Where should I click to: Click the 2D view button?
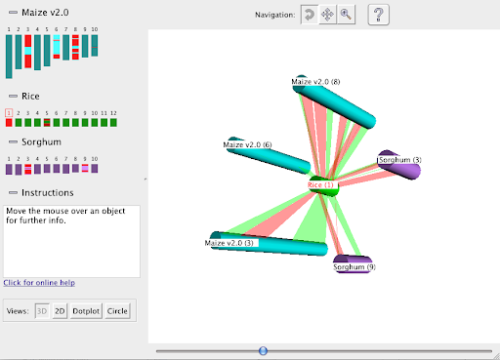tap(60, 311)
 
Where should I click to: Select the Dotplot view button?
tap(86, 311)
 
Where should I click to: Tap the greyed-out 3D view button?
tap(42, 311)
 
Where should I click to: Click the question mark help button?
tap(380, 15)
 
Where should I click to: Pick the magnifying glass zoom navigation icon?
tap(346, 15)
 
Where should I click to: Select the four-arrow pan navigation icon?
tap(328, 15)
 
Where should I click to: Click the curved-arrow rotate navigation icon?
tap(310, 15)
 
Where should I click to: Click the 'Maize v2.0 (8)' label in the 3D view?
tap(315, 81)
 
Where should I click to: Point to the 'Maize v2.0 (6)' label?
tap(247, 145)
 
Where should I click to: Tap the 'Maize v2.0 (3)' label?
tap(230, 242)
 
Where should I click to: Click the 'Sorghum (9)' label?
tap(354, 266)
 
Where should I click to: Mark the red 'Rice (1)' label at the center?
tap(321, 184)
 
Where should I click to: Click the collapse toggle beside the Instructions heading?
tap(12, 193)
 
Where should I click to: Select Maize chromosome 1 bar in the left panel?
tap(9, 56)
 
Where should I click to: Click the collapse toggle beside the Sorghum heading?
tap(12, 142)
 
